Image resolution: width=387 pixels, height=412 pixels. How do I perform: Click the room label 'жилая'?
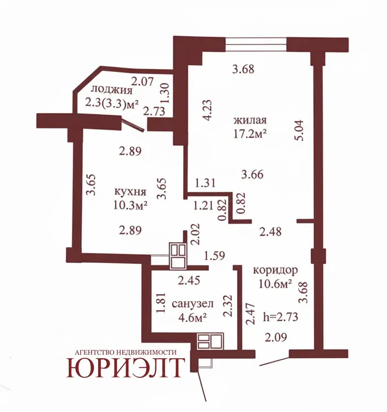coord(250,120)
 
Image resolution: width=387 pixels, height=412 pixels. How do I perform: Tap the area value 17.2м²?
coord(250,133)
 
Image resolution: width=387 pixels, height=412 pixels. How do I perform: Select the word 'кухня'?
coord(130,192)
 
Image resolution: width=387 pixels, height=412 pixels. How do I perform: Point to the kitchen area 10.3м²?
coord(130,205)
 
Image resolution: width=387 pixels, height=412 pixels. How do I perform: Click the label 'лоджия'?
coord(111,91)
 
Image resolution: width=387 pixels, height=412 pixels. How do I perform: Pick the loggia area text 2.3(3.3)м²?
coord(112,103)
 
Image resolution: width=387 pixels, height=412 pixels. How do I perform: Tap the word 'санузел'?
coord(193,304)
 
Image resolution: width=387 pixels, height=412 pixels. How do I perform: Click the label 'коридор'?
coord(276,270)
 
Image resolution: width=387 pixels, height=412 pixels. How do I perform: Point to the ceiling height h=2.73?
coord(281,317)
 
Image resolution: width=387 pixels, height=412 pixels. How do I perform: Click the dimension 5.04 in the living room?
coord(299,131)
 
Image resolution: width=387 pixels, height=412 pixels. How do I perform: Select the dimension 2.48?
coord(271,232)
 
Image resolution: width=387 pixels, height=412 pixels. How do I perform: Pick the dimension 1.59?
coord(215,255)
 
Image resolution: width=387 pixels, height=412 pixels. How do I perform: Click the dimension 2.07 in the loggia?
coord(142,81)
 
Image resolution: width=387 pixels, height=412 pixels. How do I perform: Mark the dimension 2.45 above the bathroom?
coord(189,280)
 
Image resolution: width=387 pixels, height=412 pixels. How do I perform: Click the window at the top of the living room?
coord(256,44)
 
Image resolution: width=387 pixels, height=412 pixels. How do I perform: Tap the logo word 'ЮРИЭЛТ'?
coord(124,368)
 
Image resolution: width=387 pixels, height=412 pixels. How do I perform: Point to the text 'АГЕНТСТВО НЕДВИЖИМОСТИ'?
coord(126,352)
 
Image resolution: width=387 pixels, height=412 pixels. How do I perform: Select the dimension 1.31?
coord(205,183)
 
